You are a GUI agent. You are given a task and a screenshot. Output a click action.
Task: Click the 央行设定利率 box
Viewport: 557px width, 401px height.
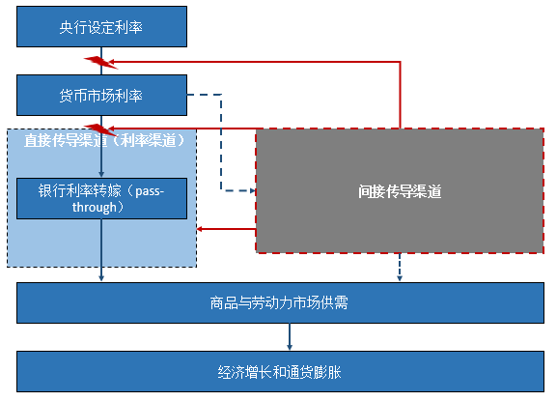[101, 27]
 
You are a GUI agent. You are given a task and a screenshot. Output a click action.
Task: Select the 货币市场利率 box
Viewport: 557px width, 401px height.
[101, 95]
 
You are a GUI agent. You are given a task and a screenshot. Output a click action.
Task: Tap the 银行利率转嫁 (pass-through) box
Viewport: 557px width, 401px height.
[101, 198]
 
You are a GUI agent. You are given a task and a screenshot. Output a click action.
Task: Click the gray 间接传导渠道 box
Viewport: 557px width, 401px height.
[399, 191]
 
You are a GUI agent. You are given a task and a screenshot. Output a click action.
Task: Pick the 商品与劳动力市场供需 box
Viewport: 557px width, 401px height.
[278, 302]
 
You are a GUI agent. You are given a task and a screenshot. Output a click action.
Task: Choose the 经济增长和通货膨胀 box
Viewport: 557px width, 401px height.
[278, 370]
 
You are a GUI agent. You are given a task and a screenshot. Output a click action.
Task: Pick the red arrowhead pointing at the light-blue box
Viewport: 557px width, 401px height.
[202, 229]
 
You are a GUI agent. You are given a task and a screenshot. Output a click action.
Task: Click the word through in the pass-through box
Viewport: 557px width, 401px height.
[101, 206]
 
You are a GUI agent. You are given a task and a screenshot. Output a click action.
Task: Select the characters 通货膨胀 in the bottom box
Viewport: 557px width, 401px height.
[315, 370]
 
